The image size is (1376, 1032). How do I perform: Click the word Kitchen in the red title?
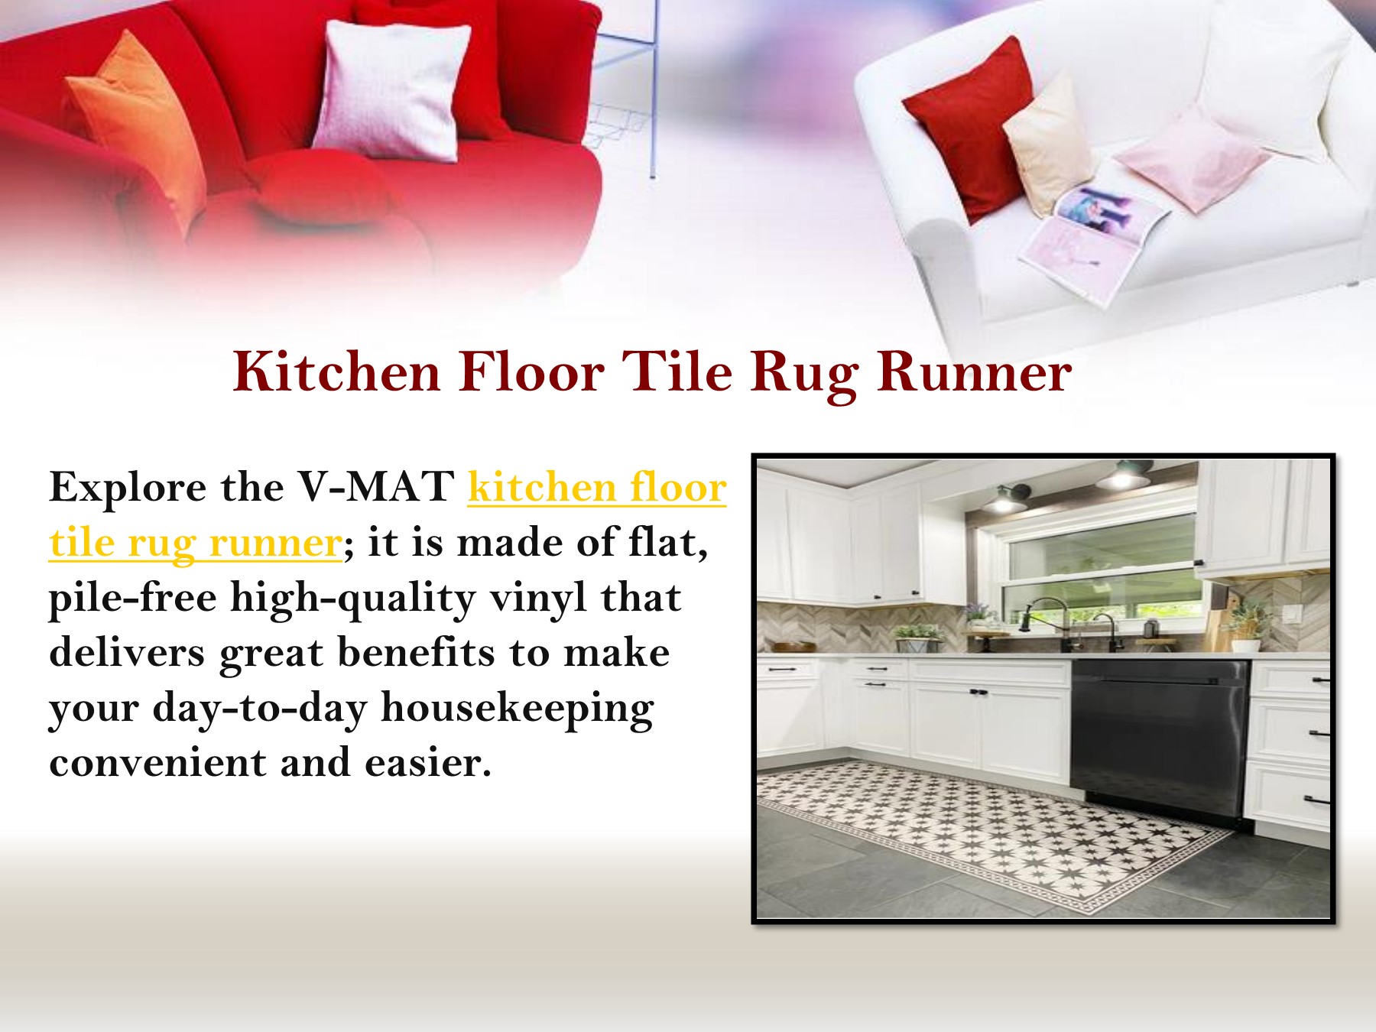336,372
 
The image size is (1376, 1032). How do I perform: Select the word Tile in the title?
677,372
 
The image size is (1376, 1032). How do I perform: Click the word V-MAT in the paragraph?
375,487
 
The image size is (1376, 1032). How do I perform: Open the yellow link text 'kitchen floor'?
596,487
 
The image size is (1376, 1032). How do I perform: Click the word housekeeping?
517,707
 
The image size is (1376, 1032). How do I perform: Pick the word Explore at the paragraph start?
128,487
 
